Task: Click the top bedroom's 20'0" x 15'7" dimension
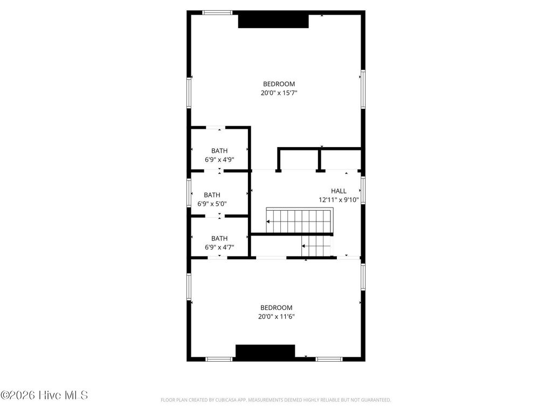pyautogui.click(x=279, y=93)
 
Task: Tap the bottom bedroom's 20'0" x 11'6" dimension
pyautogui.click(x=276, y=317)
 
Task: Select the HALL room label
pyautogui.click(x=339, y=191)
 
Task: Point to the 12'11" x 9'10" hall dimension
pyautogui.click(x=339, y=199)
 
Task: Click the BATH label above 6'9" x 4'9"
pyautogui.click(x=219, y=151)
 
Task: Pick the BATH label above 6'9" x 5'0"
pyautogui.click(x=212, y=195)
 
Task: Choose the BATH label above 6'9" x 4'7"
pyautogui.click(x=219, y=238)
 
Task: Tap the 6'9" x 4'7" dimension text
pyautogui.click(x=219, y=247)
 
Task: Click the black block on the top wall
pyautogui.click(x=273, y=20)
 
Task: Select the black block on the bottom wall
pyautogui.click(x=265, y=351)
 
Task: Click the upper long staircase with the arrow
pyautogui.click(x=299, y=221)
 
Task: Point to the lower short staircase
pyautogui.click(x=316, y=246)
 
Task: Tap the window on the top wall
pyautogui.click(x=217, y=12)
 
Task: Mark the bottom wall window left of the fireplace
pyautogui.click(x=219, y=359)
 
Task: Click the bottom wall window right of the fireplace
pyautogui.click(x=329, y=359)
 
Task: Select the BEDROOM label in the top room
pyautogui.click(x=279, y=84)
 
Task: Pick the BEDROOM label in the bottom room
pyautogui.click(x=276, y=308)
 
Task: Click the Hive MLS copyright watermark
pyautogui.click(x=44, y=395)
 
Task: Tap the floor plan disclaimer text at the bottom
pyautogui.click(x=275, y=400)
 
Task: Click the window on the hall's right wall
pyautogui.click(x=363, y=190)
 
